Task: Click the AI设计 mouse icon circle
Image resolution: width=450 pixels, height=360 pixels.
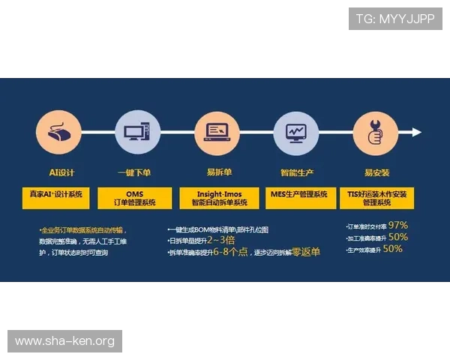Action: point(58,133)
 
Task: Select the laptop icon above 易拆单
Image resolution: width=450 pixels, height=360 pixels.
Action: point(217,133)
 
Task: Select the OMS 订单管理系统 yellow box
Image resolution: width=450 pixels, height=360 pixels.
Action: point(136,198)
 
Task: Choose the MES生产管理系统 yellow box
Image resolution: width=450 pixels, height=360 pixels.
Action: point(298,194)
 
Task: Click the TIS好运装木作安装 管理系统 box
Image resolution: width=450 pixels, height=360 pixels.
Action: point(377,198)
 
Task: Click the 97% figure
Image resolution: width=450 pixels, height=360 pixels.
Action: point(397,225)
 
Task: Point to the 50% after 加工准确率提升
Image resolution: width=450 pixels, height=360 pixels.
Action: point(398,237)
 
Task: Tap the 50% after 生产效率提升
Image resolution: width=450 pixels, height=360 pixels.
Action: point(392,249)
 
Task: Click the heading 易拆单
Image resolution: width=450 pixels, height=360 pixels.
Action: point(217,172)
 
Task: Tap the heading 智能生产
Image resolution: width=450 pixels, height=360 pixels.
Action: point(295,172)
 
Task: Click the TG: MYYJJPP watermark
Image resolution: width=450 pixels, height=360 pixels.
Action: point(395,19)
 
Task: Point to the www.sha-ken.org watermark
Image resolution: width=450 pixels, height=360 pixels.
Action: point(65,341)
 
